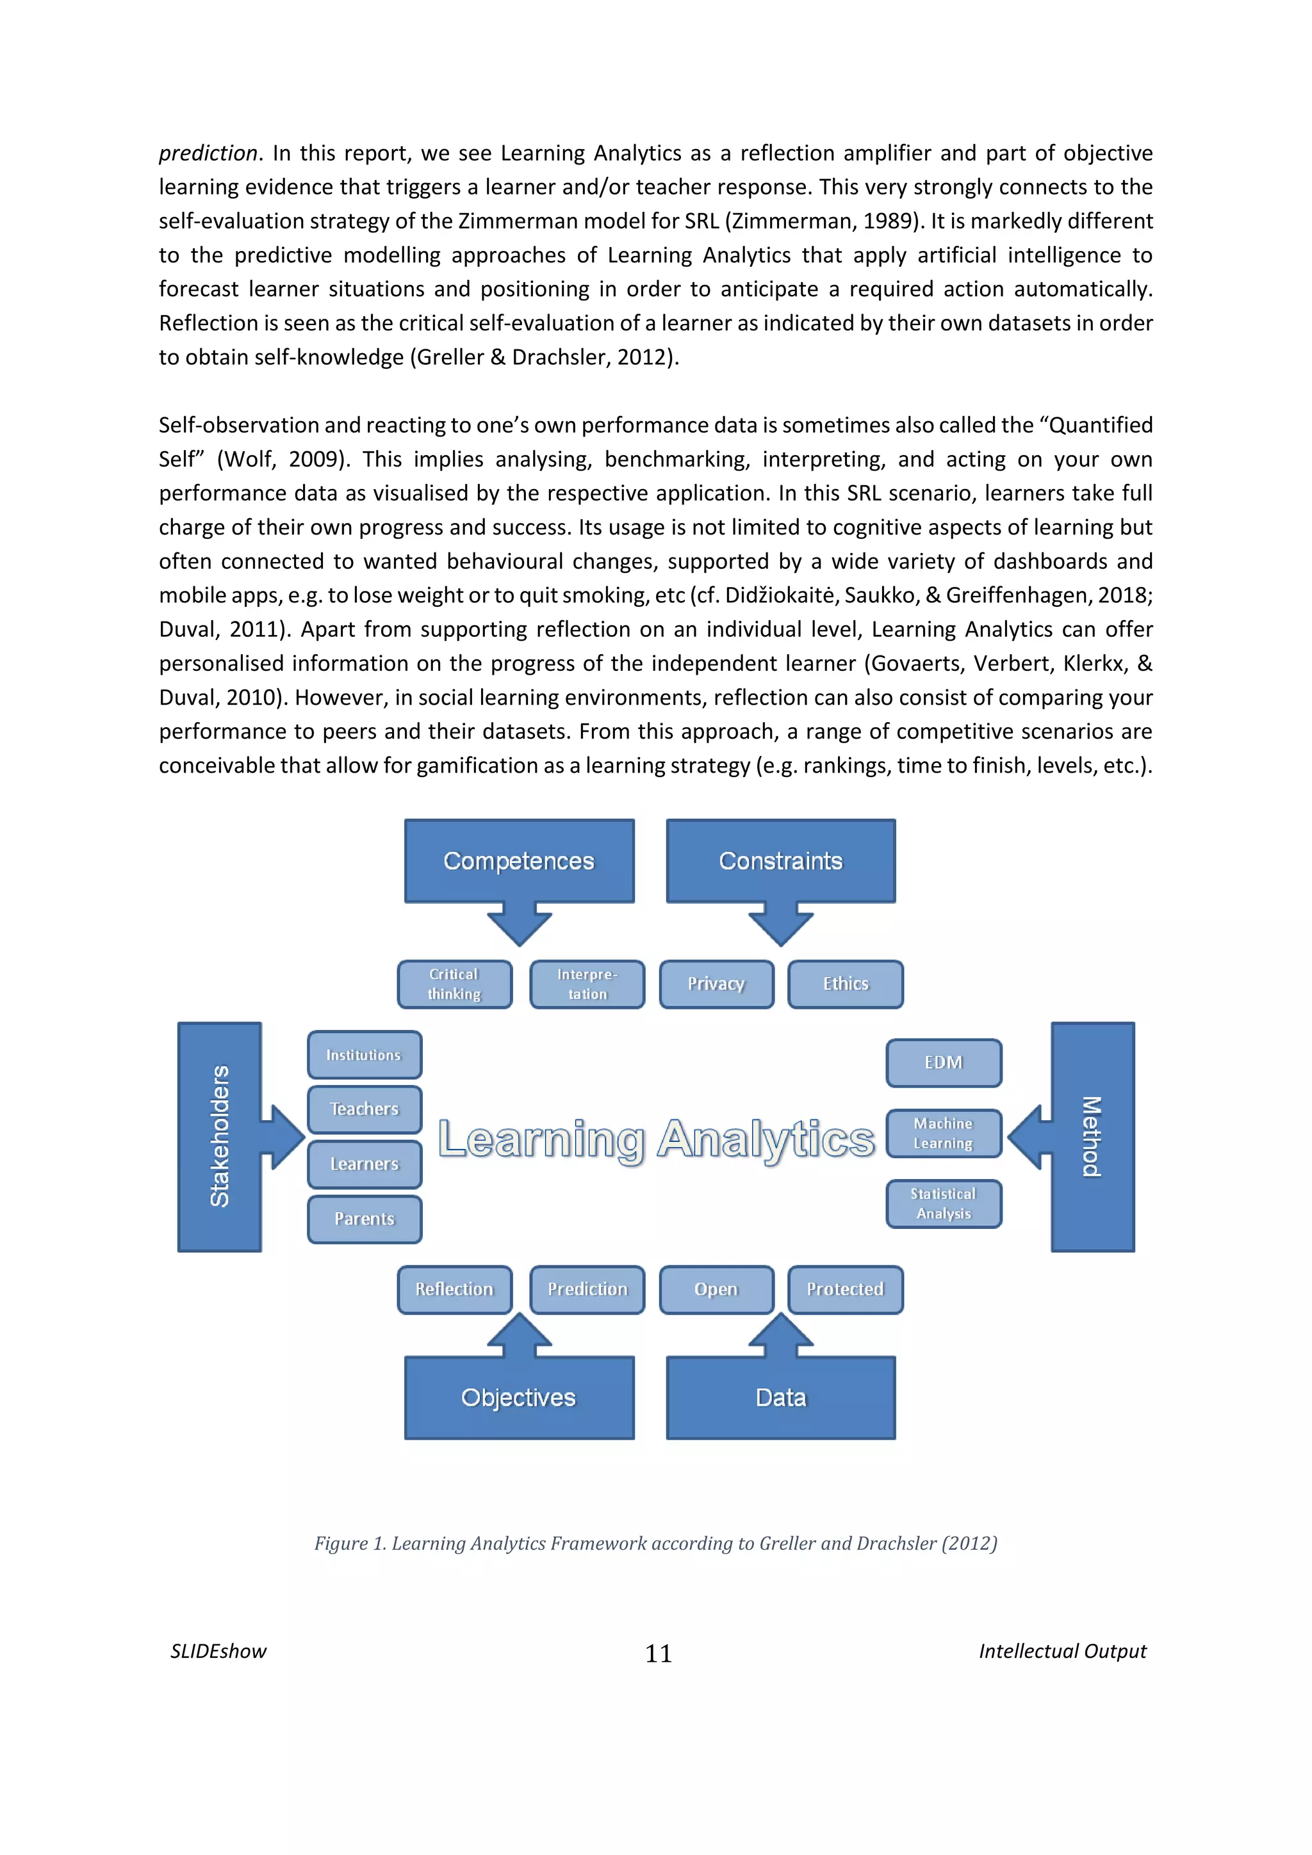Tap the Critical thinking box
454,984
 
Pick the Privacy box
716,984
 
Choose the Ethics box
846,984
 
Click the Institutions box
364,1054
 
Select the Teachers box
364,1109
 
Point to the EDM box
944,1063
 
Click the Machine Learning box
944,1133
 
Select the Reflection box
454,1289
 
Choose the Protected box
846,1289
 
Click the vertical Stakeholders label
220,1136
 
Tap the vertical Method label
1092,1136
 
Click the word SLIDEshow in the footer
218,1651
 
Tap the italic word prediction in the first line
208,154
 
